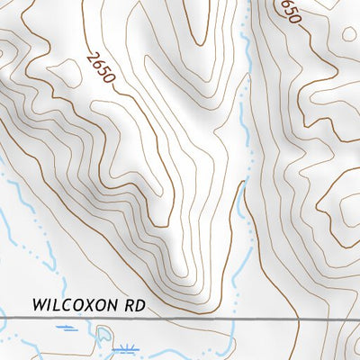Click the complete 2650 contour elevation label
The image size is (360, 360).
[x=102, y=68]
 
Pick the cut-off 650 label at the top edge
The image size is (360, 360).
[x=289, y=10]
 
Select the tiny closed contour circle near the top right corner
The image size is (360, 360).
[x=349, y=33]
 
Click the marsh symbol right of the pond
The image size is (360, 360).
[x=127, y=347]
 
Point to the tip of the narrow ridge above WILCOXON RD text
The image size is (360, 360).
[x=184, y=274]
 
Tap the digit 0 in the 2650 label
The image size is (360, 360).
[x=111, y=78]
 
